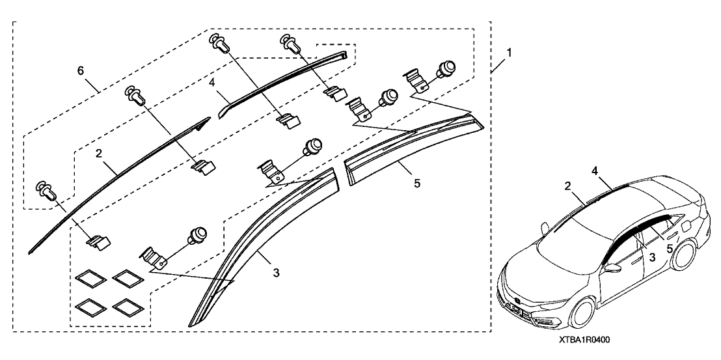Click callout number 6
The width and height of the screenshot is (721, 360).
click(80, 70)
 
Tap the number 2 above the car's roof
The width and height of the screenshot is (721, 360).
click(567, 186)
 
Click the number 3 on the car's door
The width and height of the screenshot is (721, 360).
click(650, 258)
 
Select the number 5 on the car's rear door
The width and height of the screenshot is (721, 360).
click(670, 248)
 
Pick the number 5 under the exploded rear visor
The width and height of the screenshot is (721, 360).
click(417, 183)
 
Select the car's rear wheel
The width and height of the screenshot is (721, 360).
click(688, 256)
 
